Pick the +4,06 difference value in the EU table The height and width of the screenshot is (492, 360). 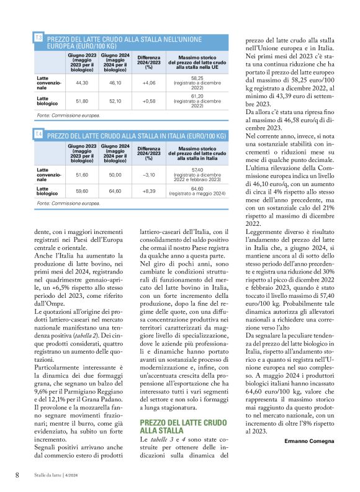point(148,82)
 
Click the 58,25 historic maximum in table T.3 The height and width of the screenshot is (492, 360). point(197,78)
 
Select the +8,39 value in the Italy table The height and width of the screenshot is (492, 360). point(148,191)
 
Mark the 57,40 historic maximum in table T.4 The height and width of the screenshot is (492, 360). point(197,169)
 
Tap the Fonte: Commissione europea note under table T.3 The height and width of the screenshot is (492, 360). point(68,115)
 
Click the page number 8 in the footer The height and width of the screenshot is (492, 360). point(17,475)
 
